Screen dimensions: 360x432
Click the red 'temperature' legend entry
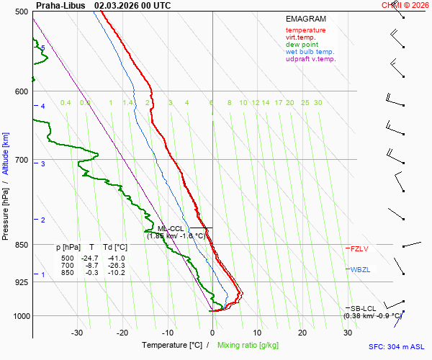(x=305, y=30)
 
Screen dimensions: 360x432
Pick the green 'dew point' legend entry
(x=302, y=45)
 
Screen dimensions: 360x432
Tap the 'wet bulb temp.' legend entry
(x=310, y=52)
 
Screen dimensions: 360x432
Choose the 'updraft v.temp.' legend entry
(x=310, y=59)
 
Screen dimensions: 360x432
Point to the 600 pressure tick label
(x=20, y=91)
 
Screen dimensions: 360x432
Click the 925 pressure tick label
(x=20, y=282)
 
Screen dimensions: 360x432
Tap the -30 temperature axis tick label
(x=77, y=333)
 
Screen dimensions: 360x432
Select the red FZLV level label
(x=359, y=248)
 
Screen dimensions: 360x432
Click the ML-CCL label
(x=171, y=228)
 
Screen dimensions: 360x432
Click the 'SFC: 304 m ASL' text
(x=397, y=346)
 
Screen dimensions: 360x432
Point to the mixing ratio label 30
(x=318, y=103)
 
